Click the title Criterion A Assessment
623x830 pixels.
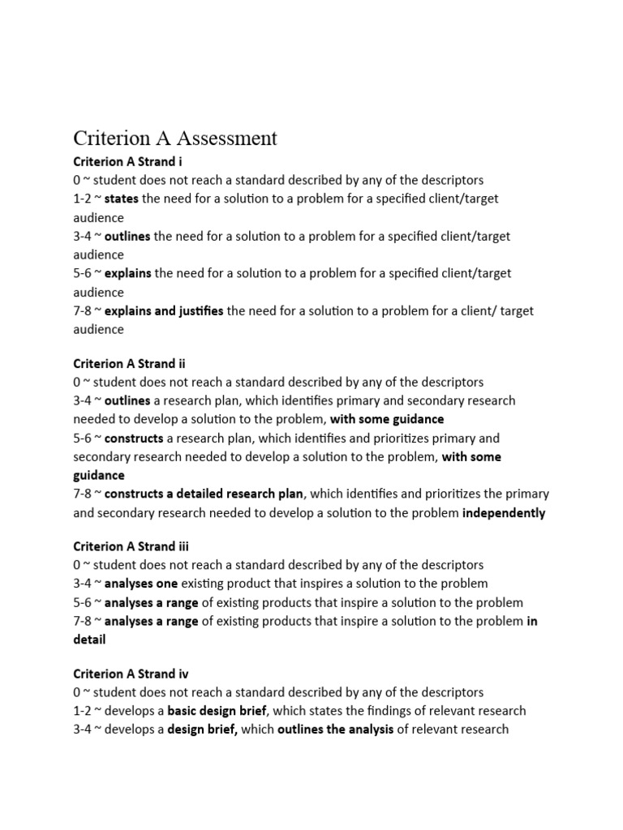point(175,138)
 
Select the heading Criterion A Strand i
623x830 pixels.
point(128,161)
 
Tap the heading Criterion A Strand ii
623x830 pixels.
point(130,363)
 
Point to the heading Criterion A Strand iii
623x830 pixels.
point(131,546)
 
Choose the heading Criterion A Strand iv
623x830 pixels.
point(131,674)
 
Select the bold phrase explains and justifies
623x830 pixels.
point(164,310)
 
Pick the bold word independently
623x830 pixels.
point(504,512)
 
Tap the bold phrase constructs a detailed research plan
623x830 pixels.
point(204,494)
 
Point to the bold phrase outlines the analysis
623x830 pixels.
point(335,729)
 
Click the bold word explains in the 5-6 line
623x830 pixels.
point(128,273)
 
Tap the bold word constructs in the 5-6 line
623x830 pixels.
point(134,439)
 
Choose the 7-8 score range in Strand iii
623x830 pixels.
point(83,621)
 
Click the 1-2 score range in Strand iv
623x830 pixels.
point(83,711)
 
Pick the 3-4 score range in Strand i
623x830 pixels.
point(83,236)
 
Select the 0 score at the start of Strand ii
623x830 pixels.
point(77,382)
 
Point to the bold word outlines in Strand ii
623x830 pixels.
point(127,400)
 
